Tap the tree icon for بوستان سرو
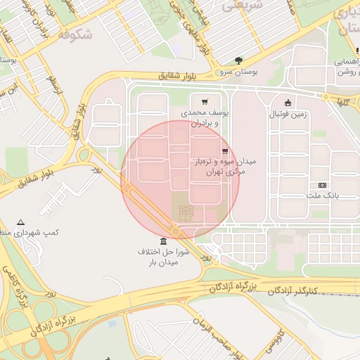(240, 60)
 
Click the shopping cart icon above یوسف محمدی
(205, 102)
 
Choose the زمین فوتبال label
(288, 114)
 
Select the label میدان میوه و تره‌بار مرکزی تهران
(226, 167)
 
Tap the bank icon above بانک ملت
(322, 184)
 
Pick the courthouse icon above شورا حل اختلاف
(164, 241)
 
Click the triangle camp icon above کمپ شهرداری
(20, 221)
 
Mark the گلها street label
(344, 103)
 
